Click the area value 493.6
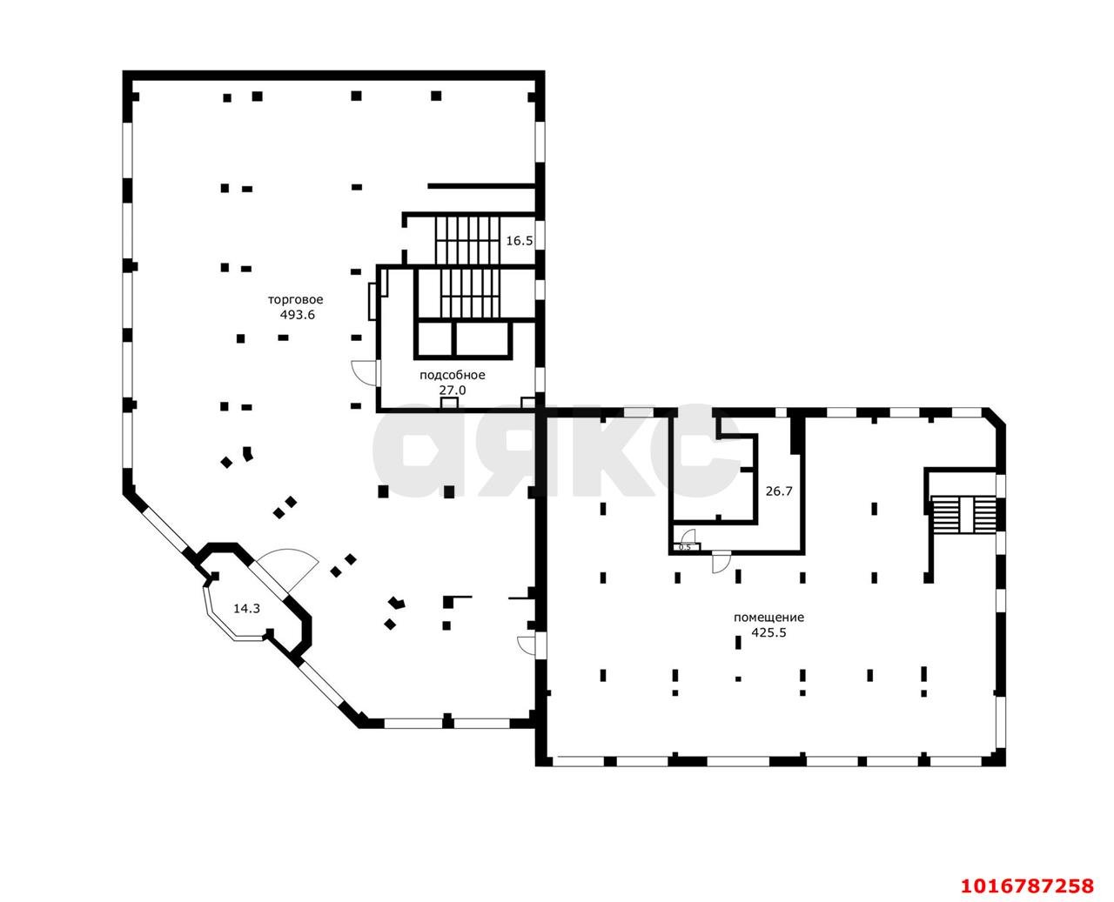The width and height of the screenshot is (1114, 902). pos(297,315)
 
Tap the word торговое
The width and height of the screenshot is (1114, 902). pos(296,299)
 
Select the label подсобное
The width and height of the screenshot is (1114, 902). pos(453,375)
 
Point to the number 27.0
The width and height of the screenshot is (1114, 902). pos(453,390)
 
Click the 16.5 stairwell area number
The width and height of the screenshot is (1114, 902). pos(520,240)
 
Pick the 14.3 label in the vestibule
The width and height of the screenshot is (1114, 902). pos(246,608)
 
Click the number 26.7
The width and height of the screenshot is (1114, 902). pos(779,491)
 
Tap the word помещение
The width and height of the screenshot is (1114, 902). pos(768,618)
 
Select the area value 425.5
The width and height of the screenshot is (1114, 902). pos(768,632)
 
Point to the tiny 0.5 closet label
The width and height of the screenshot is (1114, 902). pos(685,547)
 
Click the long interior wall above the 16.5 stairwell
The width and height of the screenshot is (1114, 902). pos(481,185)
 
